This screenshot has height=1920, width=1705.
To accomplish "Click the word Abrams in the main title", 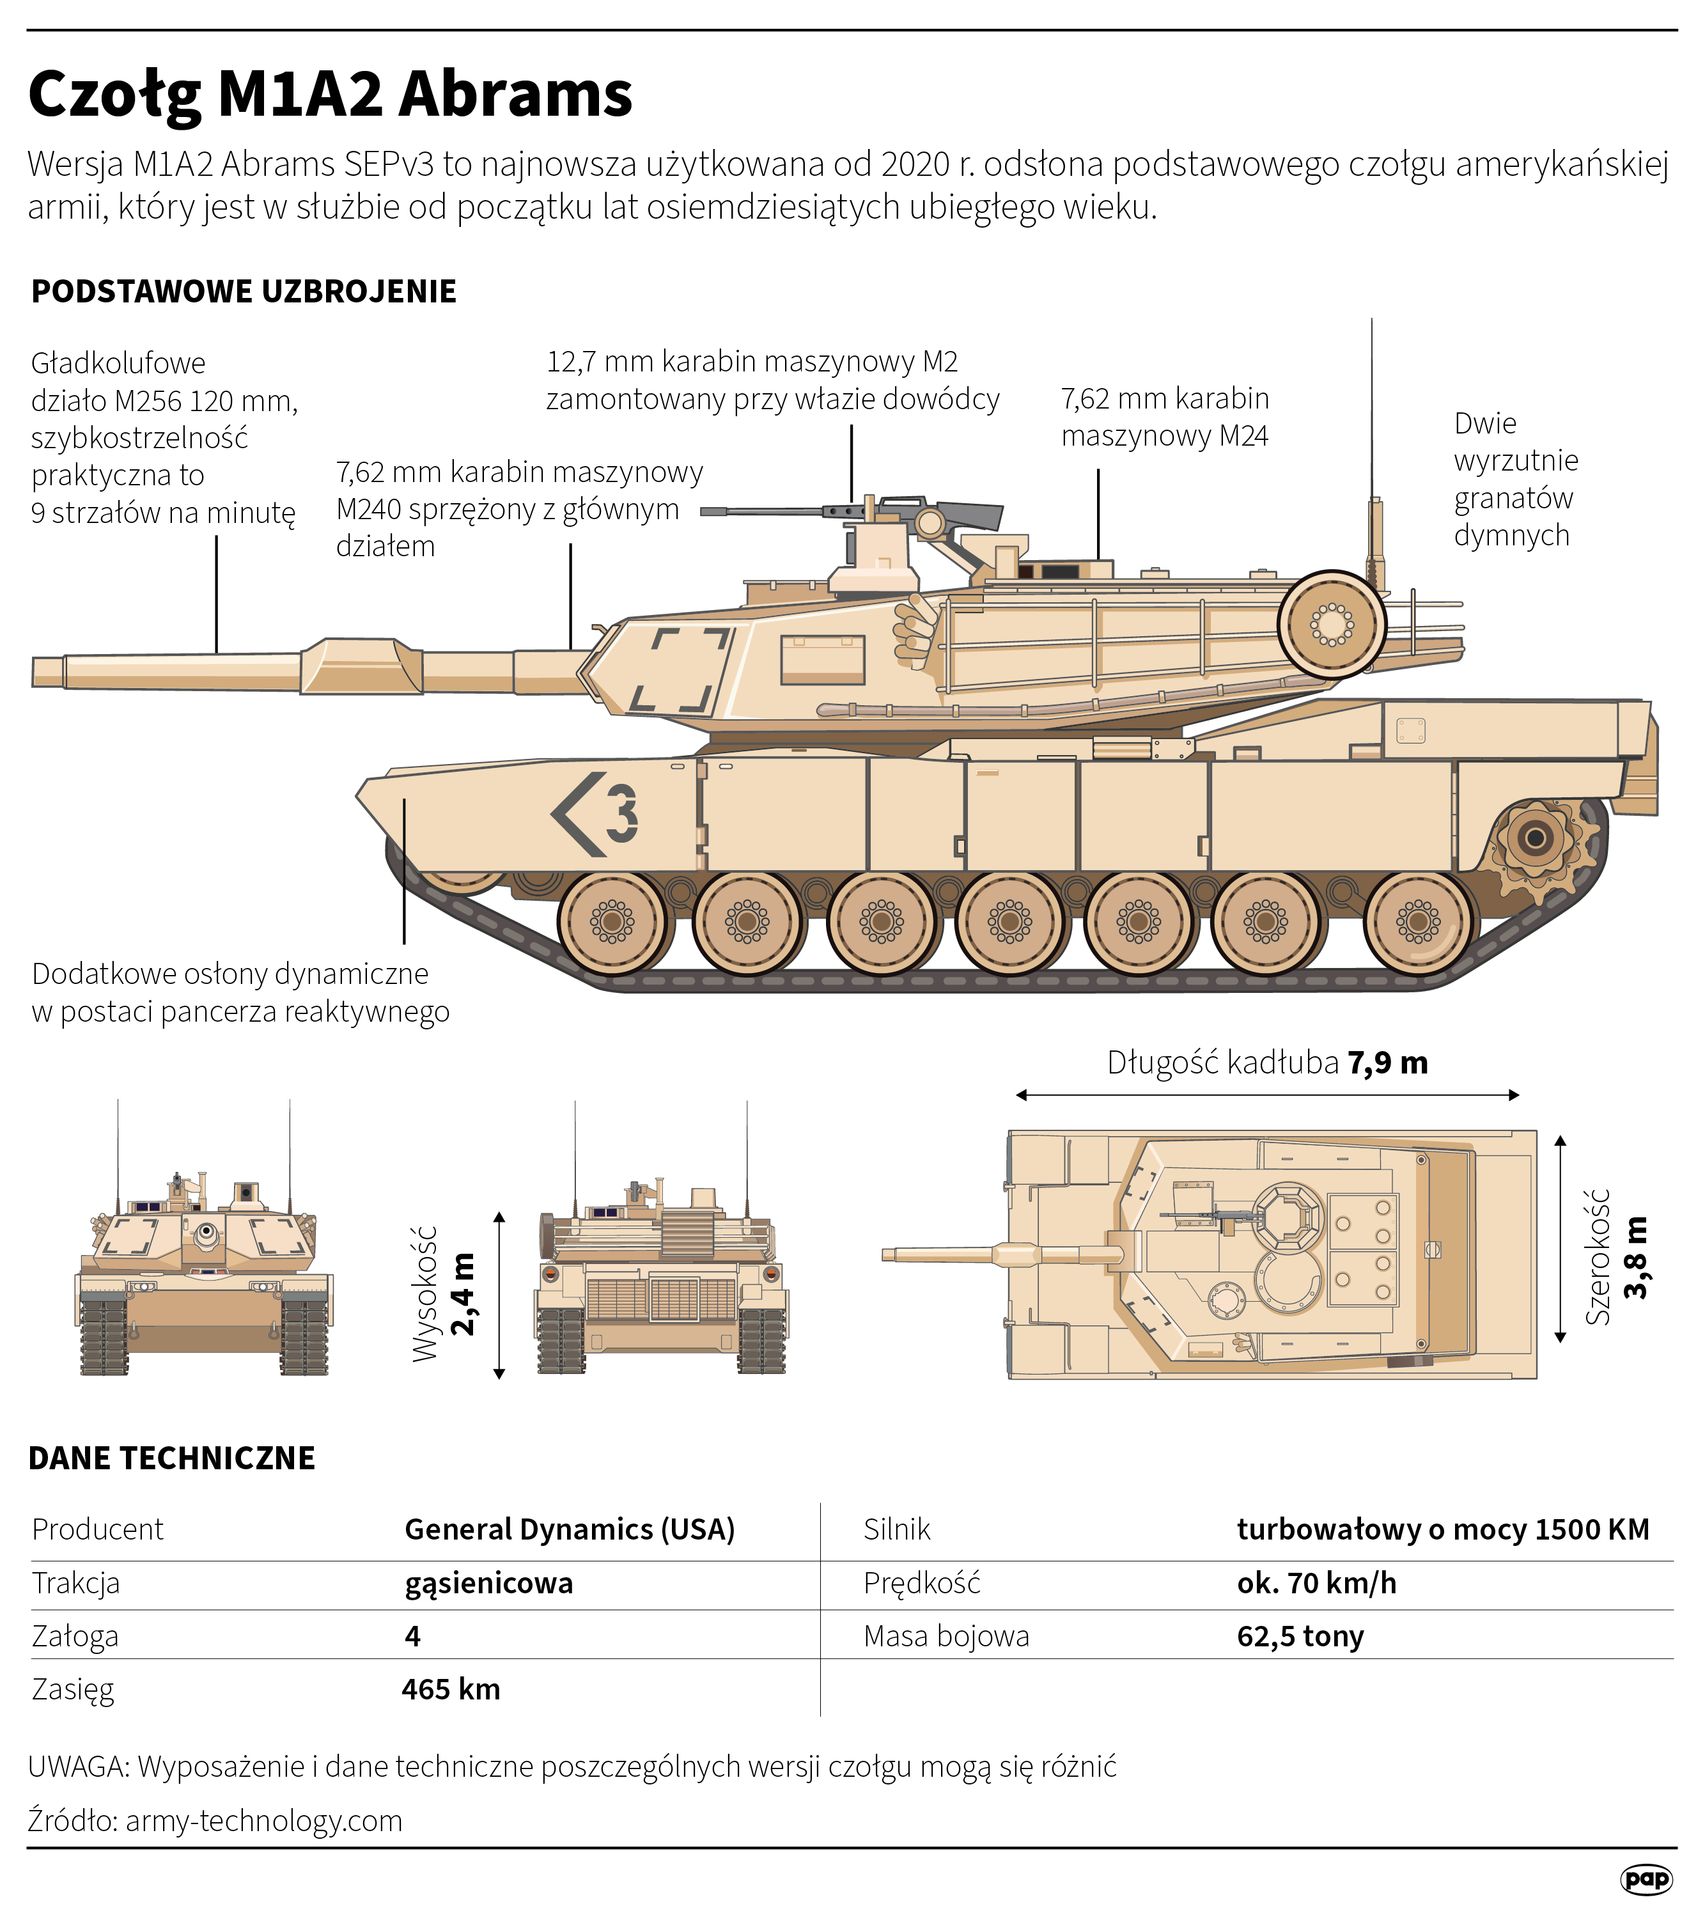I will coord(515,94).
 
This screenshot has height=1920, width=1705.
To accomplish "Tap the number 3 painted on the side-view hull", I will coord(621,813).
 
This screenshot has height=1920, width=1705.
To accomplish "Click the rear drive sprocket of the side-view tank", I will coord(1535,838).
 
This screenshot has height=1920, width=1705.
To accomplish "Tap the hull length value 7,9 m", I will coord(1387,1063).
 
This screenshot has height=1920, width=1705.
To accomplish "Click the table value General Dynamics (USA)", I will coord(569,1529).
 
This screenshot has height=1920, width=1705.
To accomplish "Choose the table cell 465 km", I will coord(451,1689).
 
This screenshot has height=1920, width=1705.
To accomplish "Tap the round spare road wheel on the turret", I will coord(1331,624).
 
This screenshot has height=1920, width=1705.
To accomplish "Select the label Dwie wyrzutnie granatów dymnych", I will coord(1514,479).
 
